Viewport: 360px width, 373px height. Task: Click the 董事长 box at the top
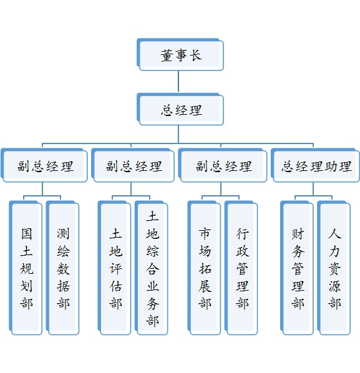coord(180,54)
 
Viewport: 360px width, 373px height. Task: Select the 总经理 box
coord(180,109)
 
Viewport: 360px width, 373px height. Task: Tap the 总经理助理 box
coord(315,165)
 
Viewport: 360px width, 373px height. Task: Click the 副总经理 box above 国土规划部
coord(44,165)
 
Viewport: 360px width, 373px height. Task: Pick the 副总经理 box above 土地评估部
coord(133,165)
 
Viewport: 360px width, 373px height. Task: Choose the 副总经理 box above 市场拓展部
coord(223,165)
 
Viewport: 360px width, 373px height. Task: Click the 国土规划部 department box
coord(26,268)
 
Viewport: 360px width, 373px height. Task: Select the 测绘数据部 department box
coord(62,268)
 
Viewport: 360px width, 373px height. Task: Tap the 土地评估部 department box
coord(114,268)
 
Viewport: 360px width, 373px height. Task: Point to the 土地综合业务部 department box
coord(152,268)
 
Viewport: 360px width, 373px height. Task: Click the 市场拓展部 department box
coord(205,268)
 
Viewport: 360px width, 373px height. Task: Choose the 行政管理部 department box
coord(241,268)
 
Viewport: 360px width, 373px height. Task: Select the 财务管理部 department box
coord(297,268)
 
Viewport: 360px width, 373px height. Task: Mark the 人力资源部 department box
coord(334,268)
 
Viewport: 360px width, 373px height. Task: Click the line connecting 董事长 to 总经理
coord(178,82)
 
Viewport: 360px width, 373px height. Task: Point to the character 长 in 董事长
coord(196,55)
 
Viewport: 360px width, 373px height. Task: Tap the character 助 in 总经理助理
coord(331,167)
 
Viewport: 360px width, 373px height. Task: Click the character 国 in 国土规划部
coord(26,234)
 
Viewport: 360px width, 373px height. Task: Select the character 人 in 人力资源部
coord(335,234)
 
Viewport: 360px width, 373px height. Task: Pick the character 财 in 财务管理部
coord(298,234)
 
